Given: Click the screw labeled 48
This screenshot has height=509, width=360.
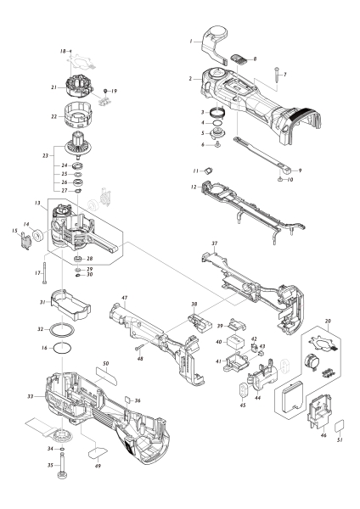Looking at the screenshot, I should (x=138, y=345).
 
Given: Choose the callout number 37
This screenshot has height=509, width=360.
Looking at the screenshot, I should (x=215, y=243).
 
